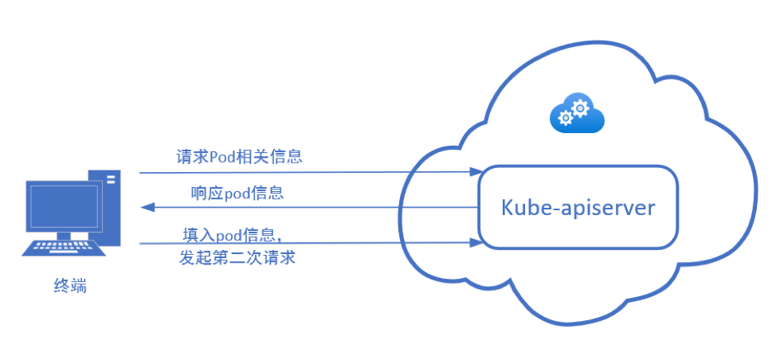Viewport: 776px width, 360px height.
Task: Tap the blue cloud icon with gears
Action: tap(578, 114)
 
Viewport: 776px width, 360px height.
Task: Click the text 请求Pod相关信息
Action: tap(239, 156)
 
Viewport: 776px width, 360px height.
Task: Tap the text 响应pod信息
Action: tap(237, 193)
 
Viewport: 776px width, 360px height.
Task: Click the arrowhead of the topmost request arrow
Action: tap(477, 171)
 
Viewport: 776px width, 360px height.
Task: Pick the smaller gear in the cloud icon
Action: tap(566, 118)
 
